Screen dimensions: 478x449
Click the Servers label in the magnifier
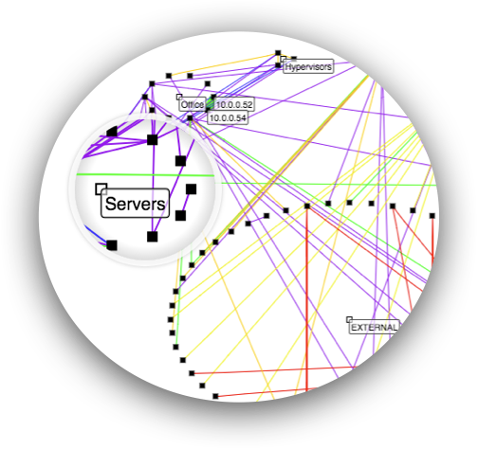pos(135,204)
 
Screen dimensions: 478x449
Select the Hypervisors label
pos(308,67)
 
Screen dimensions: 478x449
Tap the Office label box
pos(193,104)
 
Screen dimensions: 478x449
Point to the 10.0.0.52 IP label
pos(234,105)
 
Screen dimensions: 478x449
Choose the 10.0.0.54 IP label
pos(228,117)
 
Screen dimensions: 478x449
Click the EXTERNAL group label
pos(374,328)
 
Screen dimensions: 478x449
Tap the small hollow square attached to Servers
pos(101,189)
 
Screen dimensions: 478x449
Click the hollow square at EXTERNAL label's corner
pos(349,319)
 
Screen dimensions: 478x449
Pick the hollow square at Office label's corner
pos(179,97)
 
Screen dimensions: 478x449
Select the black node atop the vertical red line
pos(307,207)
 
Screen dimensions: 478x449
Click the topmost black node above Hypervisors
pos(278,53)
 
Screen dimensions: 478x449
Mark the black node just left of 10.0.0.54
pos(190,118)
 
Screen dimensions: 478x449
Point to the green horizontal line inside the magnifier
pos(145,174)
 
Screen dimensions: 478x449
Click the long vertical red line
pos(306,299)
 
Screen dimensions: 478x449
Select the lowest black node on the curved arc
pos(215,396)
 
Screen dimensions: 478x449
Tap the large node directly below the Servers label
pos(153,237)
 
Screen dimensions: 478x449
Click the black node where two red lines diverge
pos(393,207)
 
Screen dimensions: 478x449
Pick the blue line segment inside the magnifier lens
pos(96,235)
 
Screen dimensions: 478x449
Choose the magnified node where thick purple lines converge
pos(153,139)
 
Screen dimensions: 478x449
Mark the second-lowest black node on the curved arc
pos(202,386)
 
